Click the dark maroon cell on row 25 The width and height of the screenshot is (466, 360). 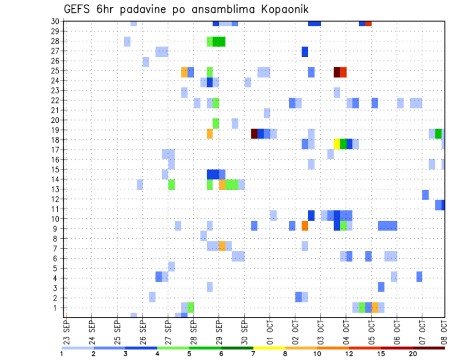pyautogui.click(x=337, y=72)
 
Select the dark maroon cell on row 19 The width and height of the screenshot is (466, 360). pyautogui.click(x=254, y=133)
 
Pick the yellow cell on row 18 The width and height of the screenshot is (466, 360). pyautogui.click(x=337, y=144)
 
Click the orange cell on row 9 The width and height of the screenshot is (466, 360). pyautogui.click(x=305, y=226)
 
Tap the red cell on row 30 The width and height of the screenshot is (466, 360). pyautogui.click(x=368, y=23)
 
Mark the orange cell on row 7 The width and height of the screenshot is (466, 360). pyautogui.click(x=222, y=245)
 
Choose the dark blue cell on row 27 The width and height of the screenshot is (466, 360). pyautogui.click(x=305, y=51)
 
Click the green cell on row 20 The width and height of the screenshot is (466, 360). pyautogui.click(x=216, y=123)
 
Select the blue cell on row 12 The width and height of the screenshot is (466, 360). pyautogui.click(x=425, y=195)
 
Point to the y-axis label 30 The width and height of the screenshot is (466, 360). pyautogui.click(x=56, y=21)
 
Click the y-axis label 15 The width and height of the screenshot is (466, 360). pyautogui.click(x=56, y=169)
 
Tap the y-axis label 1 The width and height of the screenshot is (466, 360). pyautogui.click(x=58, y=308)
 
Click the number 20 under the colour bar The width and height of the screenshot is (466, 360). pyautogui.click(x=413, y=353)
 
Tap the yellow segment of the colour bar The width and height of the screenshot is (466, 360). pyautogui.click(x=269, y=347)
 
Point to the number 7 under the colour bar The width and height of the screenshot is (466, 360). pyautogui.click(x=253, y=353)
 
